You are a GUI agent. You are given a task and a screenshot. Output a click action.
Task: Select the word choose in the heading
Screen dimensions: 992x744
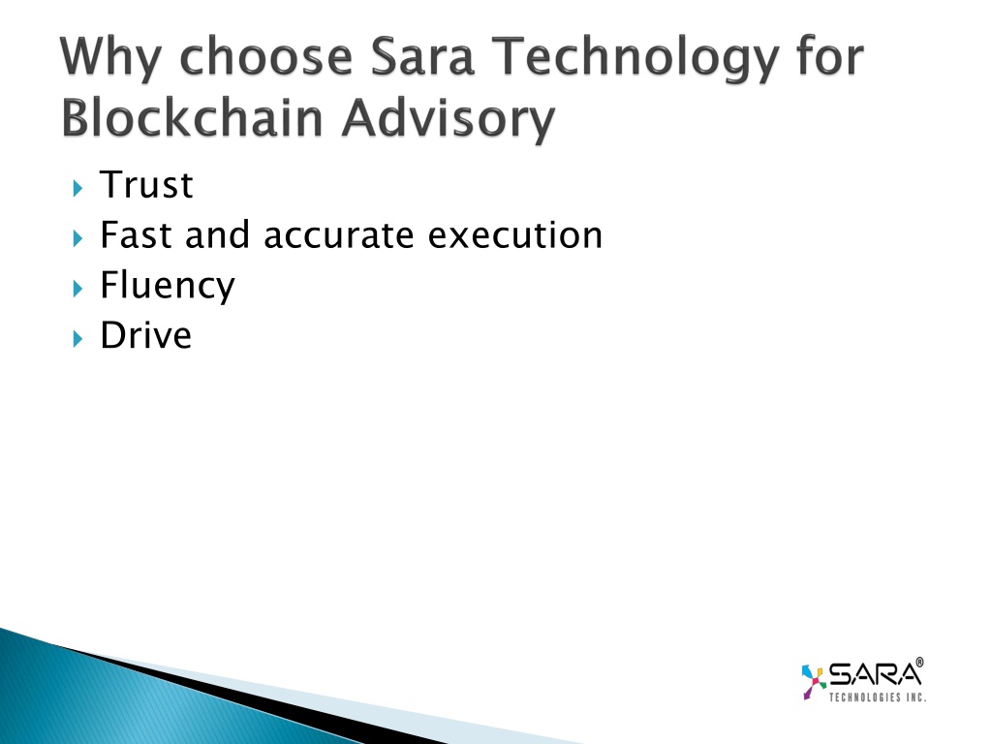(x=265, y=56)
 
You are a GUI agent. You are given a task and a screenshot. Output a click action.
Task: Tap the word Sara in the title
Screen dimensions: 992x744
(x=422, y=56)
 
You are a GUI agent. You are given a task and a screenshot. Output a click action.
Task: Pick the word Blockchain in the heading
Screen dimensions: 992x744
(x=193, y=117)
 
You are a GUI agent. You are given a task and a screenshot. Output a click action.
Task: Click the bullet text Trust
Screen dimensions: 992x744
(x=146, y=185)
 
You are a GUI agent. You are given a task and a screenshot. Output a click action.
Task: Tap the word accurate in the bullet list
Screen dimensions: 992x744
(x=338, y=236)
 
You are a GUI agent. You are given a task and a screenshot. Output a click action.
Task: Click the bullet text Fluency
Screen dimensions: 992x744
(x=168, y=286)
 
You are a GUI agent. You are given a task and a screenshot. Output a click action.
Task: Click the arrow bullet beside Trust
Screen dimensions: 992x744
(x=77, y=188)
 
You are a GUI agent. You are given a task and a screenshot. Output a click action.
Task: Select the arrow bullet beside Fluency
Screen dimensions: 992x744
(x=77, y=289)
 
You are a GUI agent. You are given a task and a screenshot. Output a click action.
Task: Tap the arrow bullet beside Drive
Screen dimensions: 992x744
(x=77, y=338)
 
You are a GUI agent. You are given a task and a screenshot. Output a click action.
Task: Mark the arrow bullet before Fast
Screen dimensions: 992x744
(x=77, y=238)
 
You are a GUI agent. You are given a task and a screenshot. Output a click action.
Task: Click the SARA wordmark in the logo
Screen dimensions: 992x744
(x=875, y=674)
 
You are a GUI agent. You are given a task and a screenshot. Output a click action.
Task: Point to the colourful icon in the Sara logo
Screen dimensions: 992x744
(x=814, y=681)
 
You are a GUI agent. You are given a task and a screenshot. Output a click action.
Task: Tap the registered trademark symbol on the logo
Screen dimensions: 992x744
(x=919, y=662)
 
